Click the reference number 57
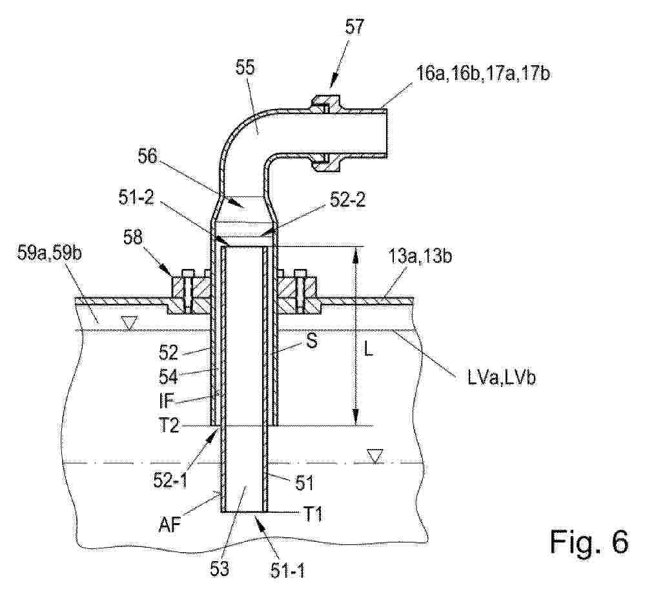(x=354, y=28)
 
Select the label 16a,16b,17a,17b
(x=483, y=74)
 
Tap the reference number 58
(x=132, y=238)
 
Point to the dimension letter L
(x=369, y=350)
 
